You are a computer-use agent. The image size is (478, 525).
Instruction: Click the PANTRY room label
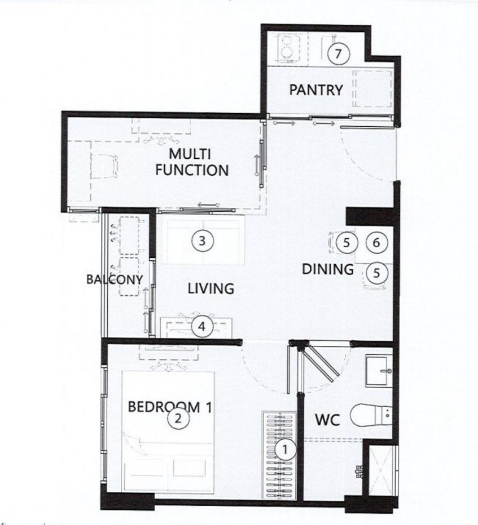316,90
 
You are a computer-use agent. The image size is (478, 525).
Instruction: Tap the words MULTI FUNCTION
192,162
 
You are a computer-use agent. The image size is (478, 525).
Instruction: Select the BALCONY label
115,279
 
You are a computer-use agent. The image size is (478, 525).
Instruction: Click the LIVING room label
211,288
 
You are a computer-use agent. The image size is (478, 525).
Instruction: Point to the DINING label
328,269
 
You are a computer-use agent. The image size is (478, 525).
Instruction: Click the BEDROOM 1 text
170,407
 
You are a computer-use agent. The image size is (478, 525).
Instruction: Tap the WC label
327,420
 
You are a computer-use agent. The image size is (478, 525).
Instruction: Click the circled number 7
338,54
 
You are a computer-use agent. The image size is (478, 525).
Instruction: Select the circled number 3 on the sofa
202,241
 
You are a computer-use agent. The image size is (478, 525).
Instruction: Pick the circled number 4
201,326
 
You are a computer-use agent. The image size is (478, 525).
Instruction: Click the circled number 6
376,242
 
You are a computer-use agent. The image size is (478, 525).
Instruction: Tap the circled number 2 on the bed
178,418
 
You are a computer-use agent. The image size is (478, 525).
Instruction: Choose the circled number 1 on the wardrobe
285,450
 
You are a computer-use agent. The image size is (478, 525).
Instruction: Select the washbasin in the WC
379,371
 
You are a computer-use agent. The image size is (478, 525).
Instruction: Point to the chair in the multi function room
104,166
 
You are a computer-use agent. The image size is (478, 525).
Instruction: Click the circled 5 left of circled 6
347,242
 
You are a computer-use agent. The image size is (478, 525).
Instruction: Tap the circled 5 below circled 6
376,273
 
